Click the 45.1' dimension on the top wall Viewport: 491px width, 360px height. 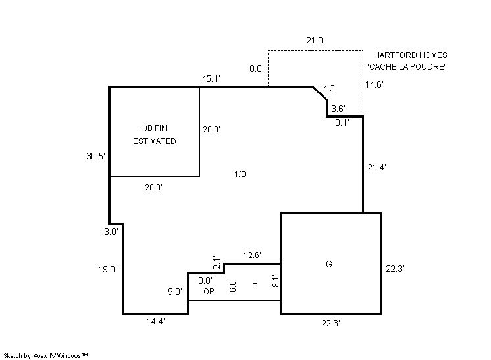click(x=211, y=78)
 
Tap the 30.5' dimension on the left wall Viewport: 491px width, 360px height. click(x=95, y=156)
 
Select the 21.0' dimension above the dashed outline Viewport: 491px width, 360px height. click(x=316, y=40)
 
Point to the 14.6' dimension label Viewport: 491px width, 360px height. click(x=375, y=84)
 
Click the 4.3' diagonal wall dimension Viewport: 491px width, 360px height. click(x=330, y=88)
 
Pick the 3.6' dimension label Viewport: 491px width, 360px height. click(x=338, y=109)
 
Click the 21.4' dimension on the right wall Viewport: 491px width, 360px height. click(x=376, y=167)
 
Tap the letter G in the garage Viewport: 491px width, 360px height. click(x=329, y=264)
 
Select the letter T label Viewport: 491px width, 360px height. click(x=255, y=286)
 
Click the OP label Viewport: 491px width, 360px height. click(x=209, y=291)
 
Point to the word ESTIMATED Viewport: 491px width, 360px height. click(x=155, y=141)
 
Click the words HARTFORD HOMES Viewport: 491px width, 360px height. click(x=411, y=55)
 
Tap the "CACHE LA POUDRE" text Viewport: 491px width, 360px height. click(x=407, y=66)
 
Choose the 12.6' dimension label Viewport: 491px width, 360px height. click(x=252, y=255)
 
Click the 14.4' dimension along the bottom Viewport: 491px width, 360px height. click(x=156, y=321)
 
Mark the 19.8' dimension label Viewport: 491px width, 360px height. click(x=108, y=269)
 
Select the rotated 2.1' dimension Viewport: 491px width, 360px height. click(x=217, y=263)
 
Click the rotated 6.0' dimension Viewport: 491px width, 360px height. click(x=233, y=286)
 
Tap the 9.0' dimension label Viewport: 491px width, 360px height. click(x=175, y=292)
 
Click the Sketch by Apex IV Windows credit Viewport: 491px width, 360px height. click(x=45, y=355)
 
